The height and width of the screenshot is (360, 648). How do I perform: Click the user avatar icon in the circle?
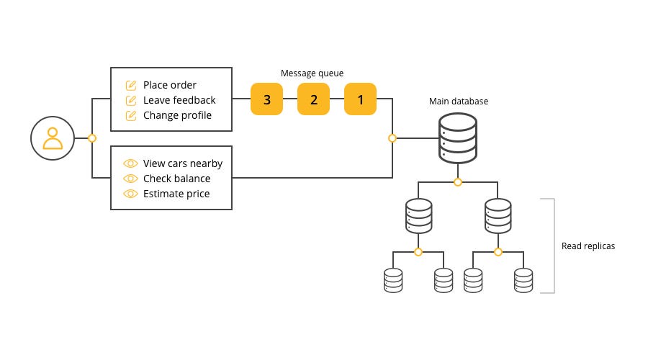(x=53, y=138)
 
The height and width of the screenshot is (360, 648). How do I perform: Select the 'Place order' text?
(x=170, y=85)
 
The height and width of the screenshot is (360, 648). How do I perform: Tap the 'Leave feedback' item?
(x=179, y=100)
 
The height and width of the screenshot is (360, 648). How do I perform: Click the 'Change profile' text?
(x=177, y=115)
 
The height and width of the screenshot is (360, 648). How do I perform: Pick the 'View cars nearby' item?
(x=183, y=163)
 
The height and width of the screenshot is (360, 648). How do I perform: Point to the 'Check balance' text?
(x=176, y=179)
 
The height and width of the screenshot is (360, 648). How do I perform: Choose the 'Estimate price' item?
(x=176, y=194)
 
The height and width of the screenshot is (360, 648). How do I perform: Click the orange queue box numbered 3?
(x=267, y=99)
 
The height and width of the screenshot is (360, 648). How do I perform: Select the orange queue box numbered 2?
(x=314, y=99)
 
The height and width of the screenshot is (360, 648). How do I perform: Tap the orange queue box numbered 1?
(x=361, y=99)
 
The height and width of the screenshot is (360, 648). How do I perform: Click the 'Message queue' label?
(x=312, y=73)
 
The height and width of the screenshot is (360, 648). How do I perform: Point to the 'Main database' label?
(x=458, y=102)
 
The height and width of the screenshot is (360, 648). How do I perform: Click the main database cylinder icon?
(x=458, y=138)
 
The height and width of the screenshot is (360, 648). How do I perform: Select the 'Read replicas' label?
(x=588, y=246)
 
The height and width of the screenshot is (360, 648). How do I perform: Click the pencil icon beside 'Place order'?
(x=131, y=85)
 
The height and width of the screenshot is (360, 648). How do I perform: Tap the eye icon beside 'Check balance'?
(x=131, y=179)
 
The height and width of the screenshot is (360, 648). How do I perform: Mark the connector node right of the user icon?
(x=92, y=138)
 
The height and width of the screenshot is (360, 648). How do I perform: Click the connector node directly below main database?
(x=458, y=182)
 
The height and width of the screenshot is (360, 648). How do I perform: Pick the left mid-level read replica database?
(x=418, y=215)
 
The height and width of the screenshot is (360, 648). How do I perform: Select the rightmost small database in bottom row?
(x=523, y=279)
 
